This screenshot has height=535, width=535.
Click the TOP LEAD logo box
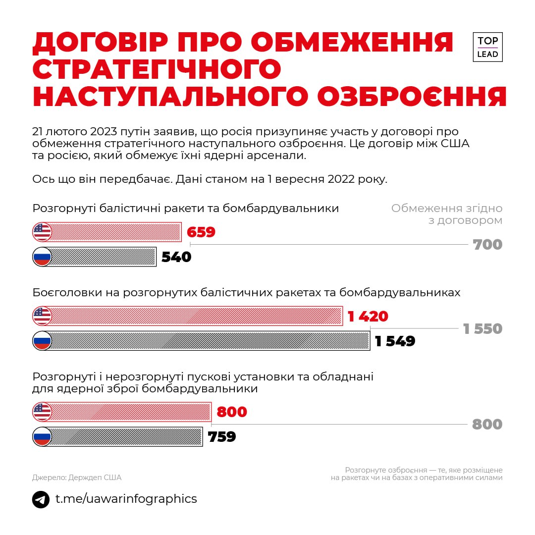[487, 47]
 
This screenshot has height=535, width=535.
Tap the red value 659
[201, 232]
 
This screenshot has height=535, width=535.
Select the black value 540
[176, 257]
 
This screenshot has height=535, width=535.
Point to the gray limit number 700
[487, 245]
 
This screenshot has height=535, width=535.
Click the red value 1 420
[368, 317]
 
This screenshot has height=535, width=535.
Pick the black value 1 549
[395, 341]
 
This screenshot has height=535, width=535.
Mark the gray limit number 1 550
[482, 329]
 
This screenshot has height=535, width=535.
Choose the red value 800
[232, 412]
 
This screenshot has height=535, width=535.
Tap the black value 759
[221, 437]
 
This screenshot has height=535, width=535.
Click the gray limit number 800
[487, 425]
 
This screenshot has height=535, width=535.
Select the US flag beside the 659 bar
[42, 232]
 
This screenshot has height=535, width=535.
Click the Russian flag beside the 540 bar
[42, 257]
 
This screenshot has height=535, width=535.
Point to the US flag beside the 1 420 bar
[42, 316]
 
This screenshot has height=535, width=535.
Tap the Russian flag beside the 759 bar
[42, 436]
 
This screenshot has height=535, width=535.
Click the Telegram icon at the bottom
[41, 499]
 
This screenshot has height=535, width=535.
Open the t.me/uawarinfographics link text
[126, 499]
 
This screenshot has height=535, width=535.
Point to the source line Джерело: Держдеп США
[77, 478]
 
